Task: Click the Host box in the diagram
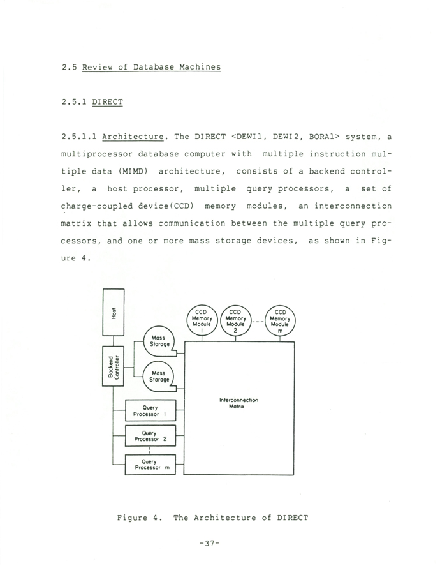click(114, 312)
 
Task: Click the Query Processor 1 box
click(150, 410)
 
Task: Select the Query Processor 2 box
click(150, 437)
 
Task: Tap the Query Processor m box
click(150, 464)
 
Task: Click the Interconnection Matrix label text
click(238, 403)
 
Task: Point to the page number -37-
click(210, 543)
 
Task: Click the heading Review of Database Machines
click(151, 68)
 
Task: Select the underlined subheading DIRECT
click(107, 101)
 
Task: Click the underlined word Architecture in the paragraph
click(131, 137)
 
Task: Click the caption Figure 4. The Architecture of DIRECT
click(213, 518)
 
